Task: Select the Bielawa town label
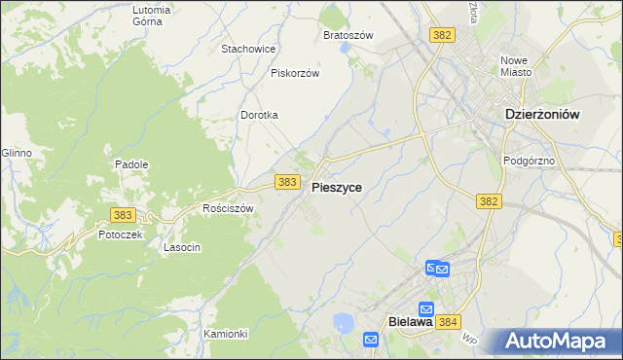point(409,322)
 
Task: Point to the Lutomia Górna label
point(151,15)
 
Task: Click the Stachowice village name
point(249,48)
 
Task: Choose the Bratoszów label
point(348,35)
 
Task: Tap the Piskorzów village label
point(295,72)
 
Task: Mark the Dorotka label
point(260,115)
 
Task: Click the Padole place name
point(131,164)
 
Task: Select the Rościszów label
point(227,208)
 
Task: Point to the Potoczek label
point(121,234)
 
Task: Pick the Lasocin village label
point(182,247)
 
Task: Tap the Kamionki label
point(226,334)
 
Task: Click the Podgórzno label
point(529,161)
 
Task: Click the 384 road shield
point(448,322)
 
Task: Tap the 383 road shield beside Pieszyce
point(286,182)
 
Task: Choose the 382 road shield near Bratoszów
point(442,35)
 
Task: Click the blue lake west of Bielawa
point(344,322)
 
